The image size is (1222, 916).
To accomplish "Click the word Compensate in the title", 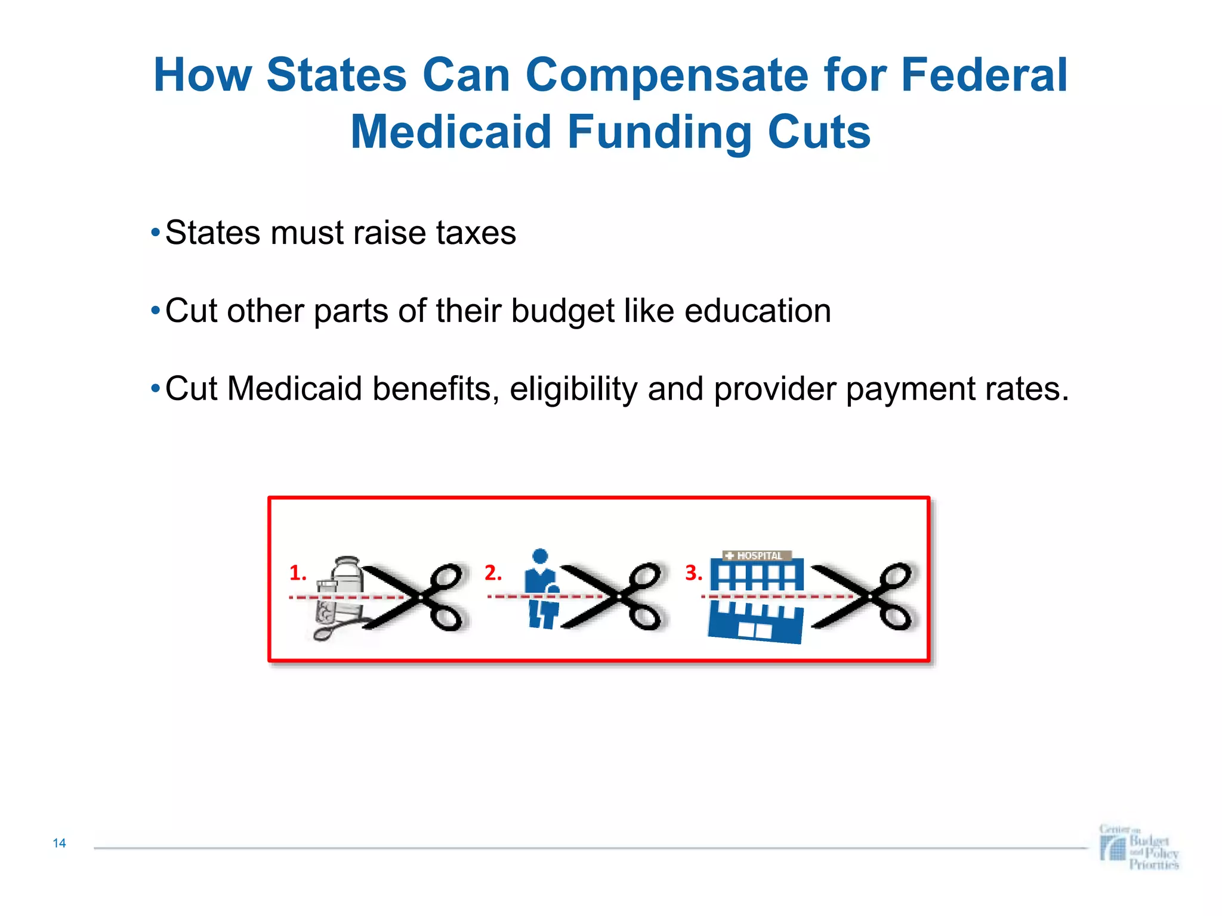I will [667, 76].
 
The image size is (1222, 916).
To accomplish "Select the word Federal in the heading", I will [984, 76].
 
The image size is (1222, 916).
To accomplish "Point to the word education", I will [757, 311].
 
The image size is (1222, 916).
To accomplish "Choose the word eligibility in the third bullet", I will [573, 389].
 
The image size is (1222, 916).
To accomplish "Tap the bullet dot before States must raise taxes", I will [155, 233].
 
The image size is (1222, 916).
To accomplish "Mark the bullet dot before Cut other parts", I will [155, 311].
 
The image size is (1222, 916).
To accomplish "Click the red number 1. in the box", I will [297, 573].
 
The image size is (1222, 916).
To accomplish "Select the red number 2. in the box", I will [493, 573].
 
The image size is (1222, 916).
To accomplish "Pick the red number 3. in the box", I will [693, 573].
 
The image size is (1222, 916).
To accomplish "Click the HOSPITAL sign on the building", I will [757, 556].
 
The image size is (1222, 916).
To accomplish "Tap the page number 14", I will [59, 843].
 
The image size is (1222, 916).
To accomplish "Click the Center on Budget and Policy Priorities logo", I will [1139, 847].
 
